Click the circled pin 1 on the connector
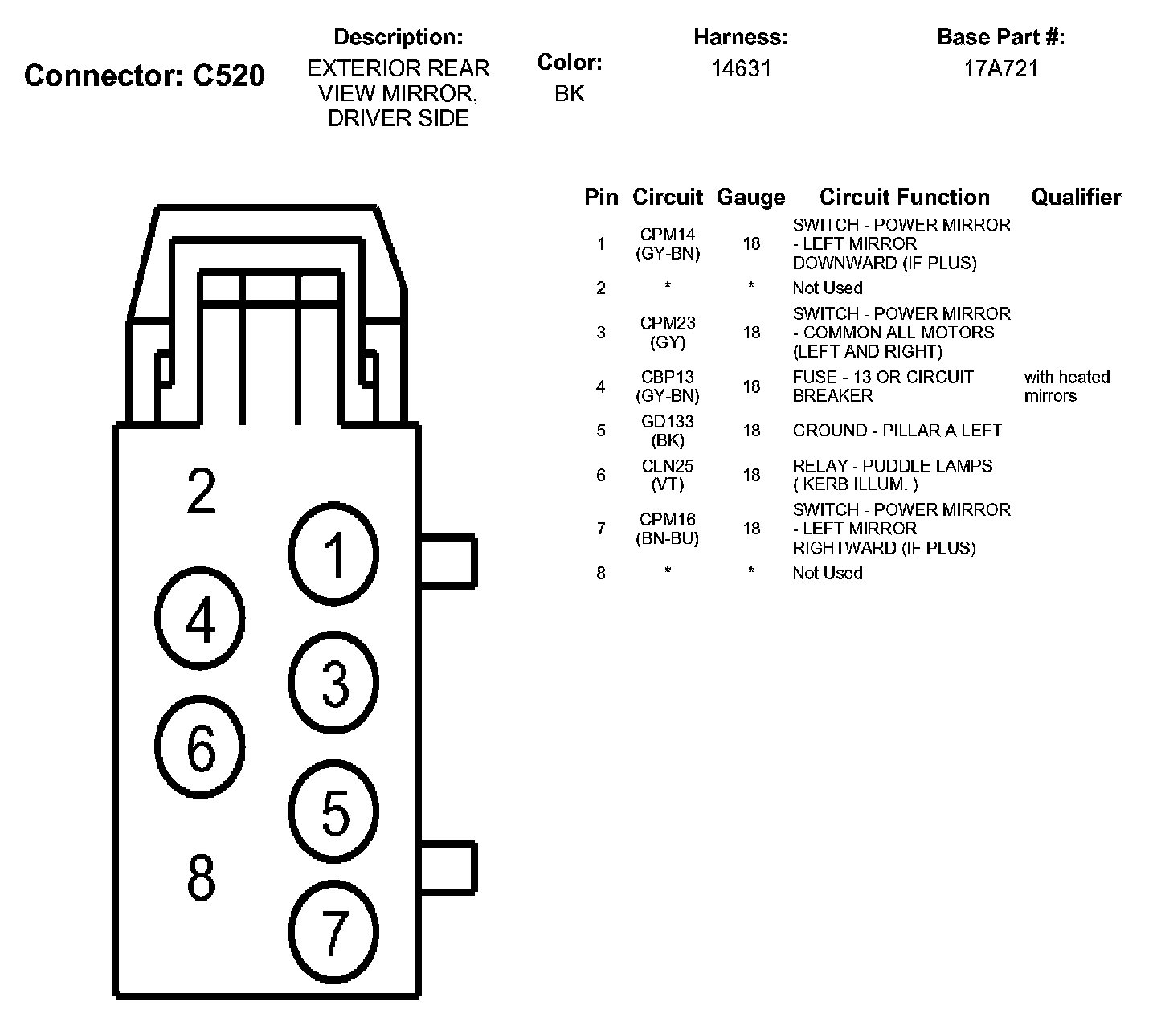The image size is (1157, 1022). pyautogui.click(x=333, y=555)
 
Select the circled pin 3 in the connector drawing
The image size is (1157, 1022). pyautogui.click(x=333, y=684)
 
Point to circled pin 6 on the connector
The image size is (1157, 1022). pyautogui.click(x=200, y=747)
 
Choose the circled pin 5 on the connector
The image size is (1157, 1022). pyautogui.click(x=333, y=811)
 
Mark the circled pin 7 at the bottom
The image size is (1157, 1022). pyautogui.click(x=333, y=932)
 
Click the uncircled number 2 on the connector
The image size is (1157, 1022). pyautogui.click(x=201, y=491)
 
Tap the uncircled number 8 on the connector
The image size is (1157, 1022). pyautogui.click(x=201, y=877)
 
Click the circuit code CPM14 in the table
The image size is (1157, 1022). pyautogui.click(x=668, y=235)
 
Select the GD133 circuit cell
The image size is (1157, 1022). pyautogui.click(x=668, y=421)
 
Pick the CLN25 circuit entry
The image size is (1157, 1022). pyautogui.click(x=668, y=466)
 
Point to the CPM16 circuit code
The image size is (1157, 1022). pyautogui.click(x=668, y=519)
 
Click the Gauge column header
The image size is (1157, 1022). pyautogui.click(x=750, y=198)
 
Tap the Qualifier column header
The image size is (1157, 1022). pyautogui.click(x=1076, y=198)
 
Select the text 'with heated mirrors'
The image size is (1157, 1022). pyautogui.click(x=1066, y=386)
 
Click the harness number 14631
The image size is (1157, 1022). pyautogui.click(x=741, y=69)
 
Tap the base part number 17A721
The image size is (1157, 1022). pyautogui.click(x=1001, y=69)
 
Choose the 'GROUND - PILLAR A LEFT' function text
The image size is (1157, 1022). pyautogui.click(x=897, y=431)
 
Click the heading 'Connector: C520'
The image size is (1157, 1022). pyautogui.click(x=145, y=76)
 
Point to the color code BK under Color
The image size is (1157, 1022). pyautogui.click(x=570, y=94)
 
